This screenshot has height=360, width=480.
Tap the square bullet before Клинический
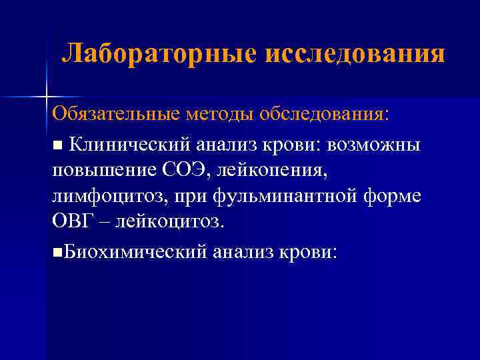(57, 145)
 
